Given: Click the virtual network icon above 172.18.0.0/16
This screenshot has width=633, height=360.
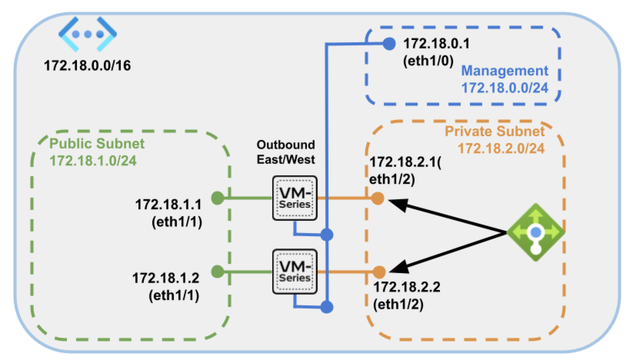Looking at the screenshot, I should pyautogui.click(x=88, y=34).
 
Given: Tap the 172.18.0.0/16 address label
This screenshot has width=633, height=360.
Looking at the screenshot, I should pyautogui.click(x=88, y=66).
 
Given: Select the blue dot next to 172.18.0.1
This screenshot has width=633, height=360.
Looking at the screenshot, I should pyautogui.click(x=389, y=44).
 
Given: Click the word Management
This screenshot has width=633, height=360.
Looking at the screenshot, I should pyautogui.click(x=505, y=71).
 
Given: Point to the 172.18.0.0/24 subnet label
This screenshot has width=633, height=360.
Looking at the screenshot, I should pyautogui.click(x=505, y=88).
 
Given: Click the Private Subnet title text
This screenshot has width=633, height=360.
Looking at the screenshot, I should pyautogui.click(x=495, y=132).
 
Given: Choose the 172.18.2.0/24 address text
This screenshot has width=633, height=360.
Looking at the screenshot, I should pyautogui.click(x=501, y=148).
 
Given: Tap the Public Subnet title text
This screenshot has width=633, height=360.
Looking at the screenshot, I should pyautogui.click(x=97, y=143).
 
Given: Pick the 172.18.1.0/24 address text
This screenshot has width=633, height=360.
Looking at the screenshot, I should pyautogui.click(x=93, y=160).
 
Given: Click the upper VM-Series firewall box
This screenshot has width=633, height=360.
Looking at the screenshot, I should pyautogui.click(x=295, y=198).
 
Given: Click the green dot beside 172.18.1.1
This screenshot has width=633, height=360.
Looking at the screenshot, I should pyautogui.click(x=218, y=198).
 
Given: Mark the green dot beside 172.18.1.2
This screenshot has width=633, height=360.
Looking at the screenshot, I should pyautogui.click(x=218, y=272).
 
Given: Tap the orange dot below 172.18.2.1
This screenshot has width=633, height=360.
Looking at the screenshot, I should pyautogui.click(x=378, y=198).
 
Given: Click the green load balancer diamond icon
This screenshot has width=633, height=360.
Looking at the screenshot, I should pyautogui.click(x=536, y=232).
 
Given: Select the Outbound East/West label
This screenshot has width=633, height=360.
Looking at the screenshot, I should pyautogui.click(x=286, y=152).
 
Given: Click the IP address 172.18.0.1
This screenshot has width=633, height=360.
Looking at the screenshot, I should pyautogui.click(x=436, y=44).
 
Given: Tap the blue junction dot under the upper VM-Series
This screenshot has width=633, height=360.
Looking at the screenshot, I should pyautogui.click(x=327, y=234).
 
